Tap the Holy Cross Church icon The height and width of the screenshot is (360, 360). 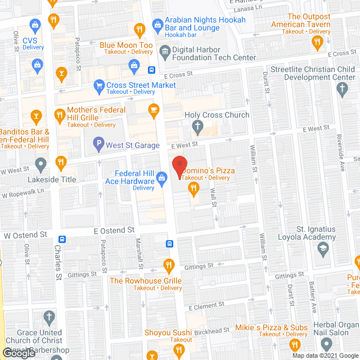click(197, 127)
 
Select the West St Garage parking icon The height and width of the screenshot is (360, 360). click(98, 146)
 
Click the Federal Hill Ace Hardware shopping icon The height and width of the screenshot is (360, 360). click(162, 178)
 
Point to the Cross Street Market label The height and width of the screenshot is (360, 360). click(141, 85)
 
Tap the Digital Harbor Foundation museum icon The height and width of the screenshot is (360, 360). click(165, 50)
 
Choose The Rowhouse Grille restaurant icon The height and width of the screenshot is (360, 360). click(168, 264)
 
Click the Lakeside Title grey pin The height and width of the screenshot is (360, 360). click(40, 165)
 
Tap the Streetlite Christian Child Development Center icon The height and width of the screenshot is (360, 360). click(341, 88)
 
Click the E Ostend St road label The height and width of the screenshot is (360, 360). click(114, 231)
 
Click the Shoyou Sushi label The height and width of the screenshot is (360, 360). click(169, 332)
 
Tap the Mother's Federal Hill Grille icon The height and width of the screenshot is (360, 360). click(60, 116)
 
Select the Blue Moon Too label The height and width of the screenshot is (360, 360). click(126, 45)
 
